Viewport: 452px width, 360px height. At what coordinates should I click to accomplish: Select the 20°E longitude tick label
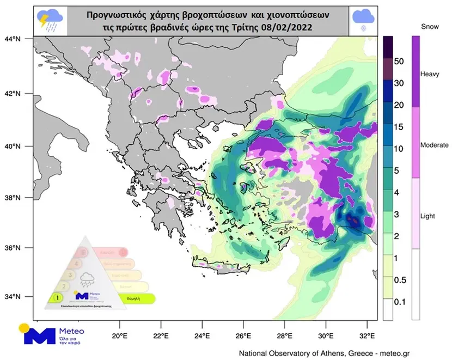click(119, 335)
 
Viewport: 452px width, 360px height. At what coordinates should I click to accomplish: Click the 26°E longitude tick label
click(243, 335)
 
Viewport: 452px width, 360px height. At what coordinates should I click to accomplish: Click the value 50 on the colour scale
click(398, 61)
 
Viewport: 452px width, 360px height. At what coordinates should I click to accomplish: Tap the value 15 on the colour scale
click(398, 126)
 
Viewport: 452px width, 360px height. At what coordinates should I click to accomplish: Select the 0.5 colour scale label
click(400, 279)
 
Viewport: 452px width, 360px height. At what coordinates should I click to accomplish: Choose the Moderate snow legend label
click(435, 145)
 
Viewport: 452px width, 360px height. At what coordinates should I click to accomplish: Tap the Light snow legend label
click(427, 216)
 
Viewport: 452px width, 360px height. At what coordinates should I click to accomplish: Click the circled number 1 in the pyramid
click(54, 297)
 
